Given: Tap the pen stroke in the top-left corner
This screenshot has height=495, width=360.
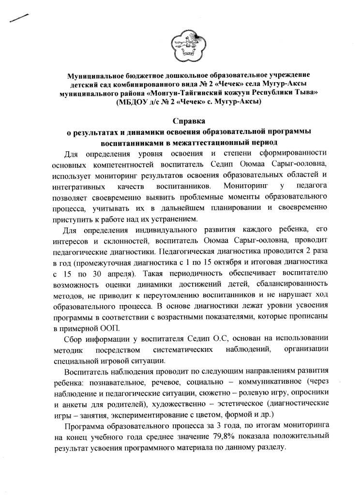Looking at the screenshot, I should click(x=18, y=18).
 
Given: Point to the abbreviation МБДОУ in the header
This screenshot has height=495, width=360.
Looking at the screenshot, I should click(x=135, y=102).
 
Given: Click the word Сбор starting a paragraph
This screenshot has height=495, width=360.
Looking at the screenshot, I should click(x=73, y=338).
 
